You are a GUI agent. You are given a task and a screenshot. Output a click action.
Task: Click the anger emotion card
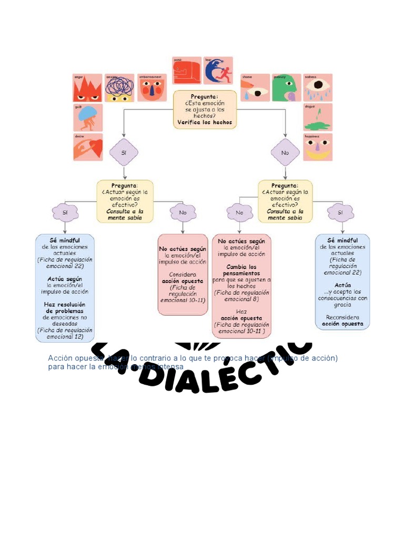[87, 88]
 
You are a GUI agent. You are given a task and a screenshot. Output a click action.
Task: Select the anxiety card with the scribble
[119, 88]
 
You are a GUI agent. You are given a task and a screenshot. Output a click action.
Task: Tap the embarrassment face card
[152, 88]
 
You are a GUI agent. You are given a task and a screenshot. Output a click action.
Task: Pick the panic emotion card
[187, 71]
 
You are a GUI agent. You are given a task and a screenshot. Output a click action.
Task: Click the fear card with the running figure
[218, 71]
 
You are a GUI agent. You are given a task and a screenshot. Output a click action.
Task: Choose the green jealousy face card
[287, 88]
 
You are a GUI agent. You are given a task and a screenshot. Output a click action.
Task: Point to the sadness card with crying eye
[318, 88]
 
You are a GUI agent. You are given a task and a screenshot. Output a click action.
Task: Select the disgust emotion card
[318, 117]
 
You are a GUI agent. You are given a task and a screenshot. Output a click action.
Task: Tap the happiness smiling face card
[318, 147]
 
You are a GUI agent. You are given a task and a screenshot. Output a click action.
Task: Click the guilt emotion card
[87, 117]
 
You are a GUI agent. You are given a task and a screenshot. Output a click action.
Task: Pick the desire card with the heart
[87, 147]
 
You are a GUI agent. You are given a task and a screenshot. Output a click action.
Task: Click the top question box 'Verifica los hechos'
[205, 110]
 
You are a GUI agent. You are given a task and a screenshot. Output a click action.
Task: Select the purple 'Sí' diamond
[124, 153]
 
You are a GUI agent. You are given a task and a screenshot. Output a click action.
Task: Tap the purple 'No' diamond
[285, 153]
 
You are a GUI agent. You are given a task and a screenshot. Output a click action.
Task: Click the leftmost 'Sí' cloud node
[65, 213]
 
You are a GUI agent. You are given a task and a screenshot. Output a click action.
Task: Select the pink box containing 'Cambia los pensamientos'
[242, 286]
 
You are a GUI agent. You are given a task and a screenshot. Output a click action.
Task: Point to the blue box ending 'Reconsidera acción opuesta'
[342, 282]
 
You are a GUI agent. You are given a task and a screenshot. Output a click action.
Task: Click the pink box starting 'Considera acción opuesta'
[183, 274]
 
